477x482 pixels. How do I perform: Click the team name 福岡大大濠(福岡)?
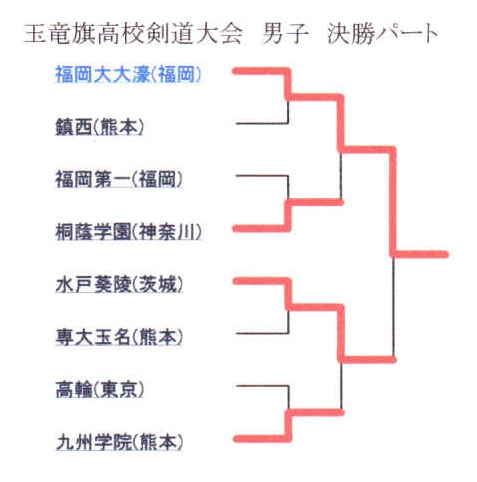tap(128, 74)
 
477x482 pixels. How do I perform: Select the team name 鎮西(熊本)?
tap(99, 127)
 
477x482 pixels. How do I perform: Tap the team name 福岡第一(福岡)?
tap(119, 179)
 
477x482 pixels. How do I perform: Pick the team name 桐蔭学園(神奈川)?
tap(129, 232)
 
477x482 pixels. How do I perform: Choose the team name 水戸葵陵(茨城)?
tap(119, 284)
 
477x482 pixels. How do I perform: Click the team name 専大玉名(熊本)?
tap(119, 337)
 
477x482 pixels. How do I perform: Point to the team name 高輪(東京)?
tap(100, 389)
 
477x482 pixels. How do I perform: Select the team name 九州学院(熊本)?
tap(119, 442)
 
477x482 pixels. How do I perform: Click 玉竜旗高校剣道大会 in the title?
tap(133, 34)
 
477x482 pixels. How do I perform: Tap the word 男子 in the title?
tap(285, 34)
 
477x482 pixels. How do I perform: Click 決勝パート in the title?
tap(383, 34)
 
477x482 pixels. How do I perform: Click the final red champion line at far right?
tap(420, 254)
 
